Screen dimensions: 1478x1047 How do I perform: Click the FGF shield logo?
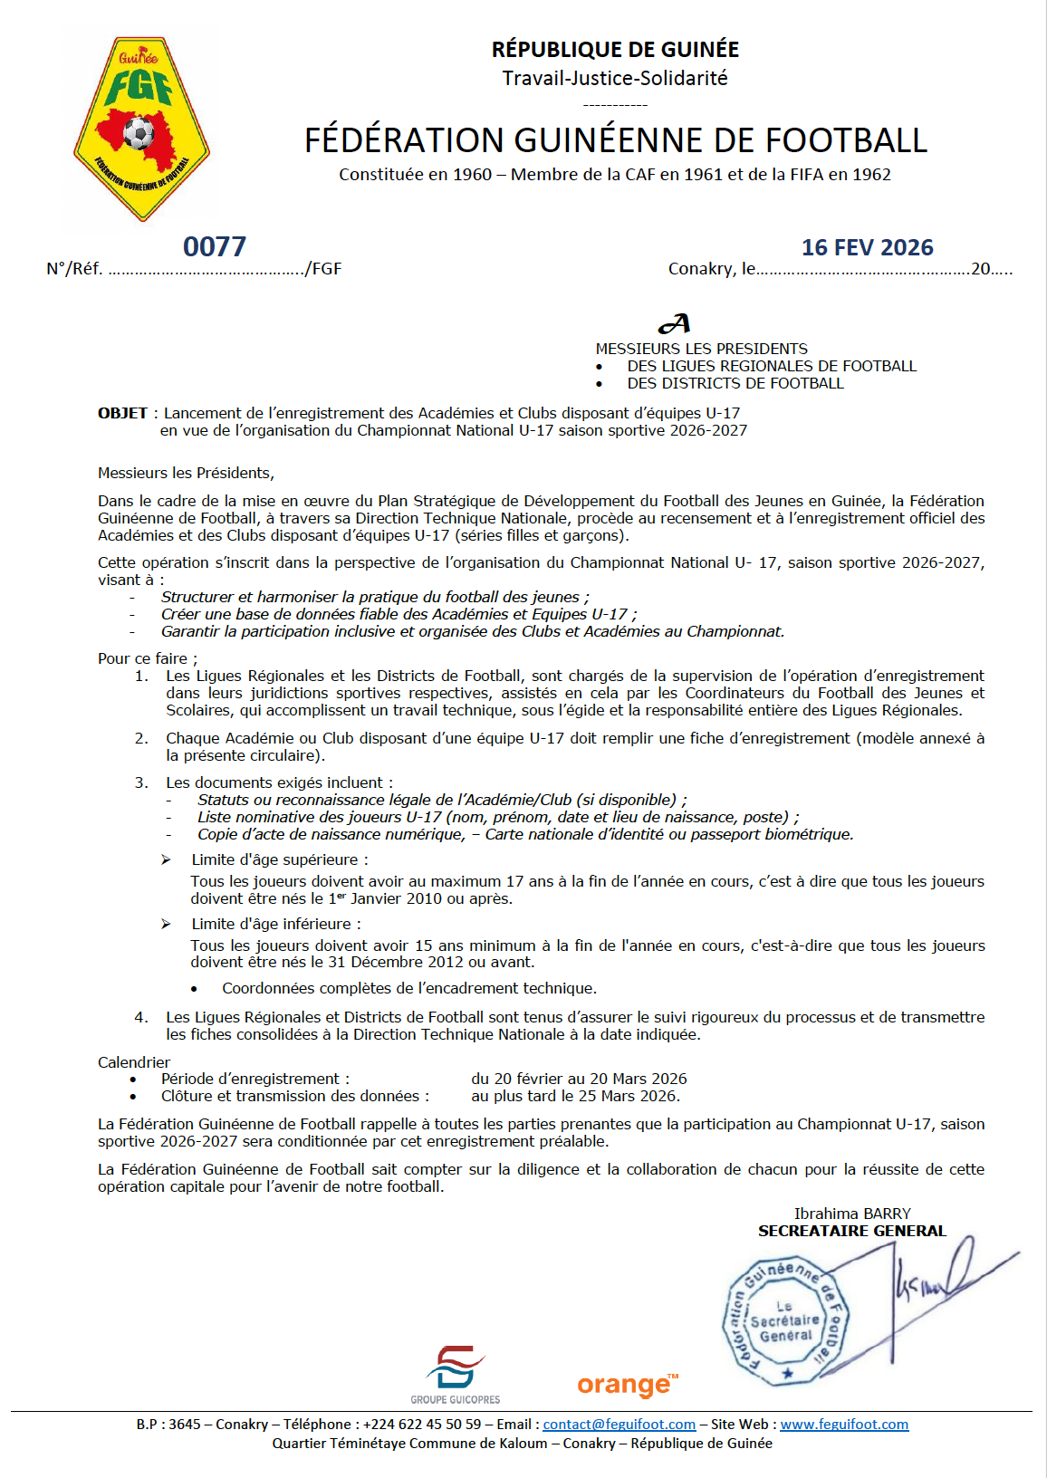coord(141,129)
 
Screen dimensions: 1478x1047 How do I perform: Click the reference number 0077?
coord(215,246)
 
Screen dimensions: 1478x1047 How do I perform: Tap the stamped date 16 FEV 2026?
coord(867,247)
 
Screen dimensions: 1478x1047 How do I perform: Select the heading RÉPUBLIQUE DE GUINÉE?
coord(615,50)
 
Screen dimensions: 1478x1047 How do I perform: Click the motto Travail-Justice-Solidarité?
coord(615,78)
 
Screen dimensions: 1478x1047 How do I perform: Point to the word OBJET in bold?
coord(122,413)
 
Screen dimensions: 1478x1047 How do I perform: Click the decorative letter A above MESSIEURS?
coord(675,323)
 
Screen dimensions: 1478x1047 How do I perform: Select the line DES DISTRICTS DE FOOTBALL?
coord(735,383)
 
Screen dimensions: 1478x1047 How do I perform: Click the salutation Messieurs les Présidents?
coord(186,473)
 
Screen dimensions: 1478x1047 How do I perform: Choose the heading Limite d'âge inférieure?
coord(275,924)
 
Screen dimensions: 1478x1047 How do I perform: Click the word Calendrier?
coord(134,1062)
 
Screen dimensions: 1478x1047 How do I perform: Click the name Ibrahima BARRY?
coord(852,1214)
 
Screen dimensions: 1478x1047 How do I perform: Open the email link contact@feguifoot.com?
coord(619,1425)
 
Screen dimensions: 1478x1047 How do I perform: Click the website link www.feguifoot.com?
coord(844,1425)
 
